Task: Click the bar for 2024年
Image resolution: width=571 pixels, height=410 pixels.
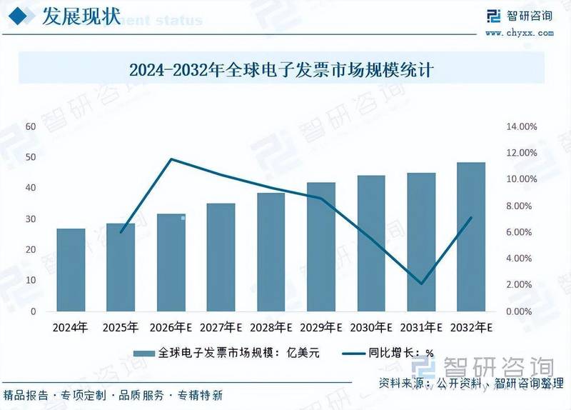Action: point(71,270)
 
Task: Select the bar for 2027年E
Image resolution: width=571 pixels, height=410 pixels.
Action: point(221,257)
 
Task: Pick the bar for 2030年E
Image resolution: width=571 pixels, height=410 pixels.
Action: point(370,244)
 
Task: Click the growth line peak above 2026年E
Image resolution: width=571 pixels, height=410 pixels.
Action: point(171,159)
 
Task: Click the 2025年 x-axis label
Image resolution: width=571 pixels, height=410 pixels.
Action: point(120,328)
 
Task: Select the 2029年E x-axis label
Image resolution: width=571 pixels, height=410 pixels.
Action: point(320,328)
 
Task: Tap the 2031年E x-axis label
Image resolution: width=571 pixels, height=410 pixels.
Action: point(420,328)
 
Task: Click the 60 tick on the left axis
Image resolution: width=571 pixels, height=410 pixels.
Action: point(31,126)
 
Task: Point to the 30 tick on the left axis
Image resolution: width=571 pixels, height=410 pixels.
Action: point(31,219)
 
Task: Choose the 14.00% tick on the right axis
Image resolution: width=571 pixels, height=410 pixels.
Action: point(521,126)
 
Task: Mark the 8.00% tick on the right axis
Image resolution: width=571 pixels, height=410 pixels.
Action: point(522,206)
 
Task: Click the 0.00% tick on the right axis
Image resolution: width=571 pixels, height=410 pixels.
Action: point(522,312)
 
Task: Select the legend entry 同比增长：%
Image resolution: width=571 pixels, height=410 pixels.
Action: point(388,353)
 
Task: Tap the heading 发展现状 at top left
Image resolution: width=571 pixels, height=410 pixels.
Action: point(81,16)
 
